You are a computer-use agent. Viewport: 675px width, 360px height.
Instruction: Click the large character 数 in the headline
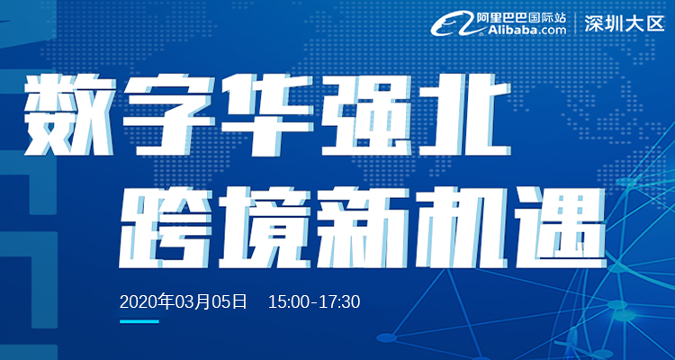(x=68, y=116)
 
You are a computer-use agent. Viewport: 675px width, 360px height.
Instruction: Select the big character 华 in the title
(x=267, y=115)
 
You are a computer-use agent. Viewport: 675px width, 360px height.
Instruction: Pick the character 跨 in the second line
(x=164, y=228)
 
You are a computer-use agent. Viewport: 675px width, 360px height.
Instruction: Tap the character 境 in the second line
(x=264, y=228)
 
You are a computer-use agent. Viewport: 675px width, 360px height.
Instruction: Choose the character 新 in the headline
(x=363, y=228)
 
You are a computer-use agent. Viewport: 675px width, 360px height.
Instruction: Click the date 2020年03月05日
(x=184, y=301)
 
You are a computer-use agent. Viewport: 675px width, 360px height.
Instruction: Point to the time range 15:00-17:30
(x=314, y=302)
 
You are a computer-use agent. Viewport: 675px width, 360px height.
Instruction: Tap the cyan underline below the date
(x=139, y=321)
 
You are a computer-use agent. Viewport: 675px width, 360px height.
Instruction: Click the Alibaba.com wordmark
(x=521, y=30)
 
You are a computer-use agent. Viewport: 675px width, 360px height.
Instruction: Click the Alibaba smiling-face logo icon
(x=454, y=24)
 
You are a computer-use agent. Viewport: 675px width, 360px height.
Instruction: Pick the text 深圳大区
(x=625, y=24)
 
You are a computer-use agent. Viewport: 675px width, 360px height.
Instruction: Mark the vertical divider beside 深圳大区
(x=576, y=23)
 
